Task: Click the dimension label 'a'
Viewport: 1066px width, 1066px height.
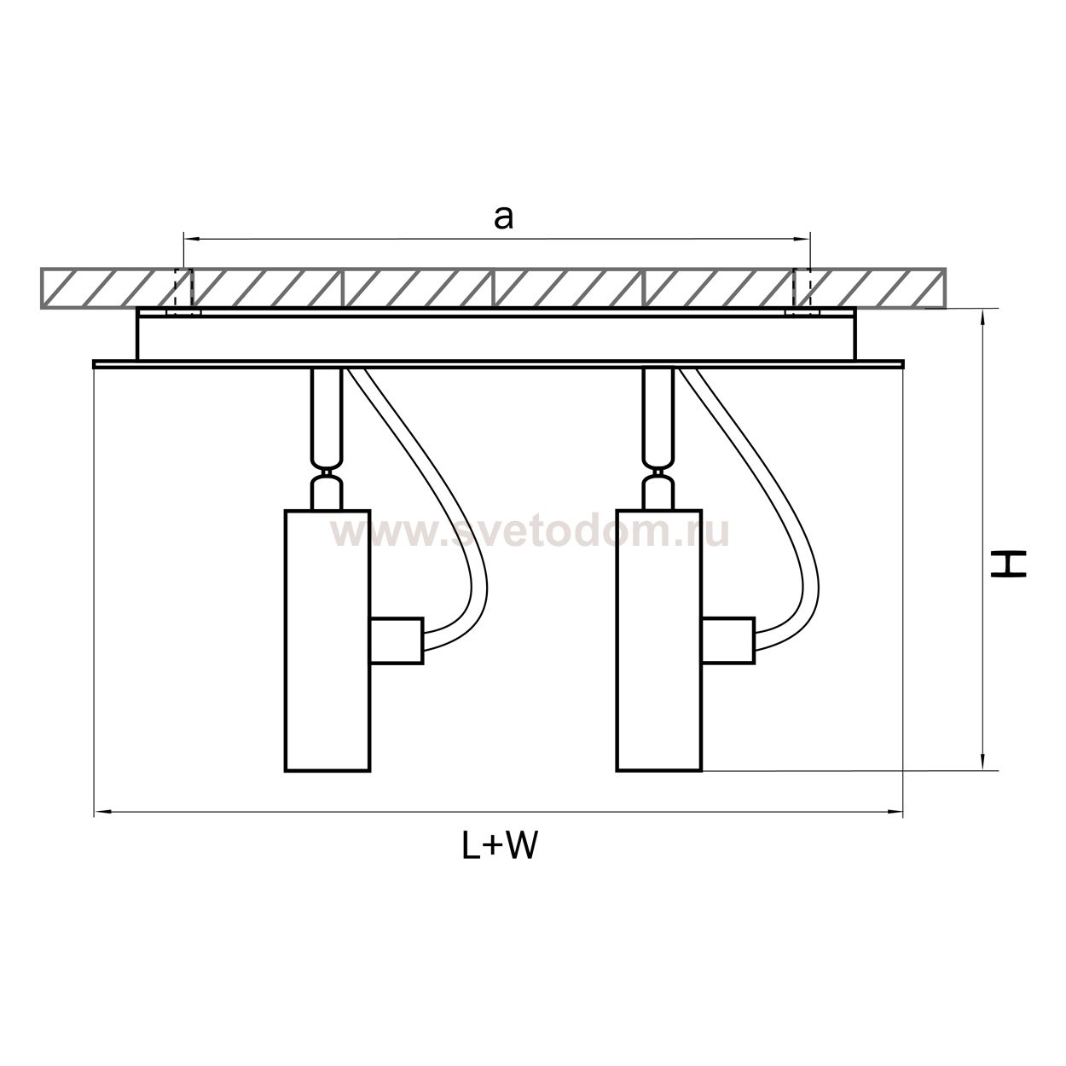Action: tap(503, 219)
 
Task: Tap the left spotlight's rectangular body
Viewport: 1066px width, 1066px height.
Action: tap(327, 640)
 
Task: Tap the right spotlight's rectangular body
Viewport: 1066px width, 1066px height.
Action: tap(659, 640)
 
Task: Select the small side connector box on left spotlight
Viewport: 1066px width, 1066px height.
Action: tap(397, 640)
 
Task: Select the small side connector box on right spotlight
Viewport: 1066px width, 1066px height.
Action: tap(728, 640)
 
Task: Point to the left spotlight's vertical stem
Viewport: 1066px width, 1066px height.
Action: tap(327, 412)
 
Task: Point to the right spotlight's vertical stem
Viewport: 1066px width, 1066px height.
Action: tap(658, 412)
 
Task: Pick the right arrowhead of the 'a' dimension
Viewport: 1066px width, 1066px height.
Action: tap(802, 239)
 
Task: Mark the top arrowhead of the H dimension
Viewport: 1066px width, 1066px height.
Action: tap(982, 319)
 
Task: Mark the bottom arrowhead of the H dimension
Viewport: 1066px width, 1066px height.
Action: tap(982, 762)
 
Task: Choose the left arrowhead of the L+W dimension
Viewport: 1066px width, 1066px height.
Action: tap(102, 812)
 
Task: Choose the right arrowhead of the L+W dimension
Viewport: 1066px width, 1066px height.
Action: tap(895, 812)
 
